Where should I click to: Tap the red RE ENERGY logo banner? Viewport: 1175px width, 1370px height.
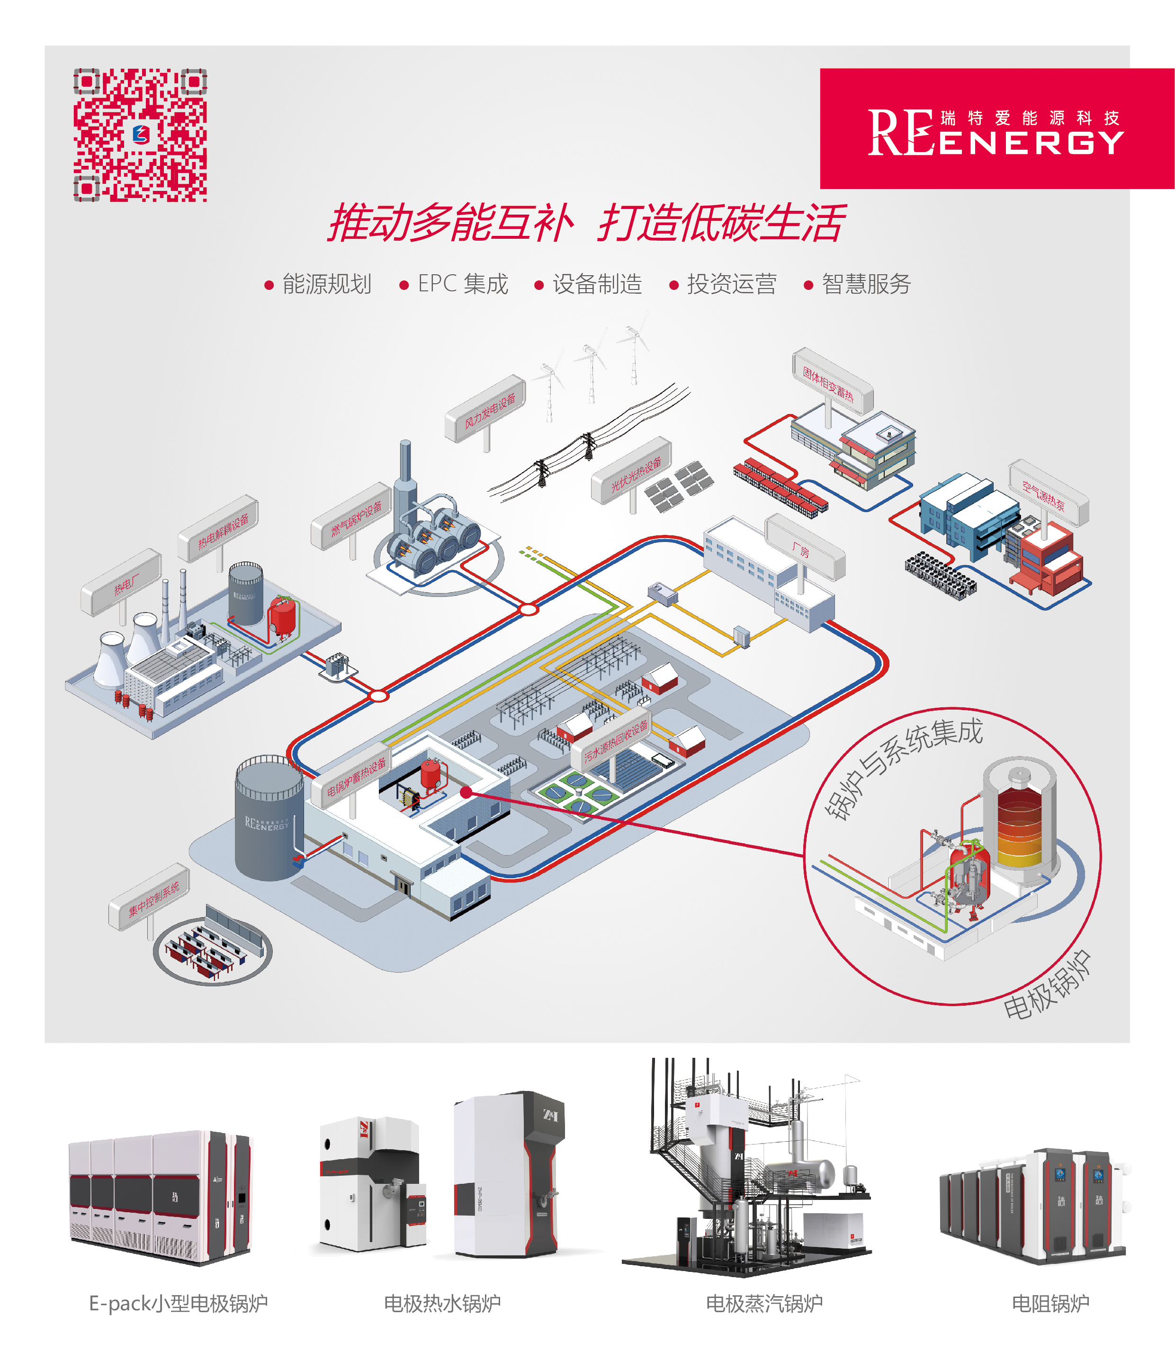point(996,129)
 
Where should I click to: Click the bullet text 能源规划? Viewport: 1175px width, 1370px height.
point(326,284)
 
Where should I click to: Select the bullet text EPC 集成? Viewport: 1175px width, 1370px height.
point(463,284)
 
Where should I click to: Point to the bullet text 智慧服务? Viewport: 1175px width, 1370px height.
point(866,284)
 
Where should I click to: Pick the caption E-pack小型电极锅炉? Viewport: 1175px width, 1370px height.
point(179,1303)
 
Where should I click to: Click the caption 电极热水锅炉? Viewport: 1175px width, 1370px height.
point(442,1303)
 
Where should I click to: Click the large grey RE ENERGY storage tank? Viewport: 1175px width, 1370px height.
point(268,820)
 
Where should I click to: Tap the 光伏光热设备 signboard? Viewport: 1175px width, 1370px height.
point(633,471)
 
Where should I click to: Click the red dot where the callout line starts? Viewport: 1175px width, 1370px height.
point(466,792)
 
